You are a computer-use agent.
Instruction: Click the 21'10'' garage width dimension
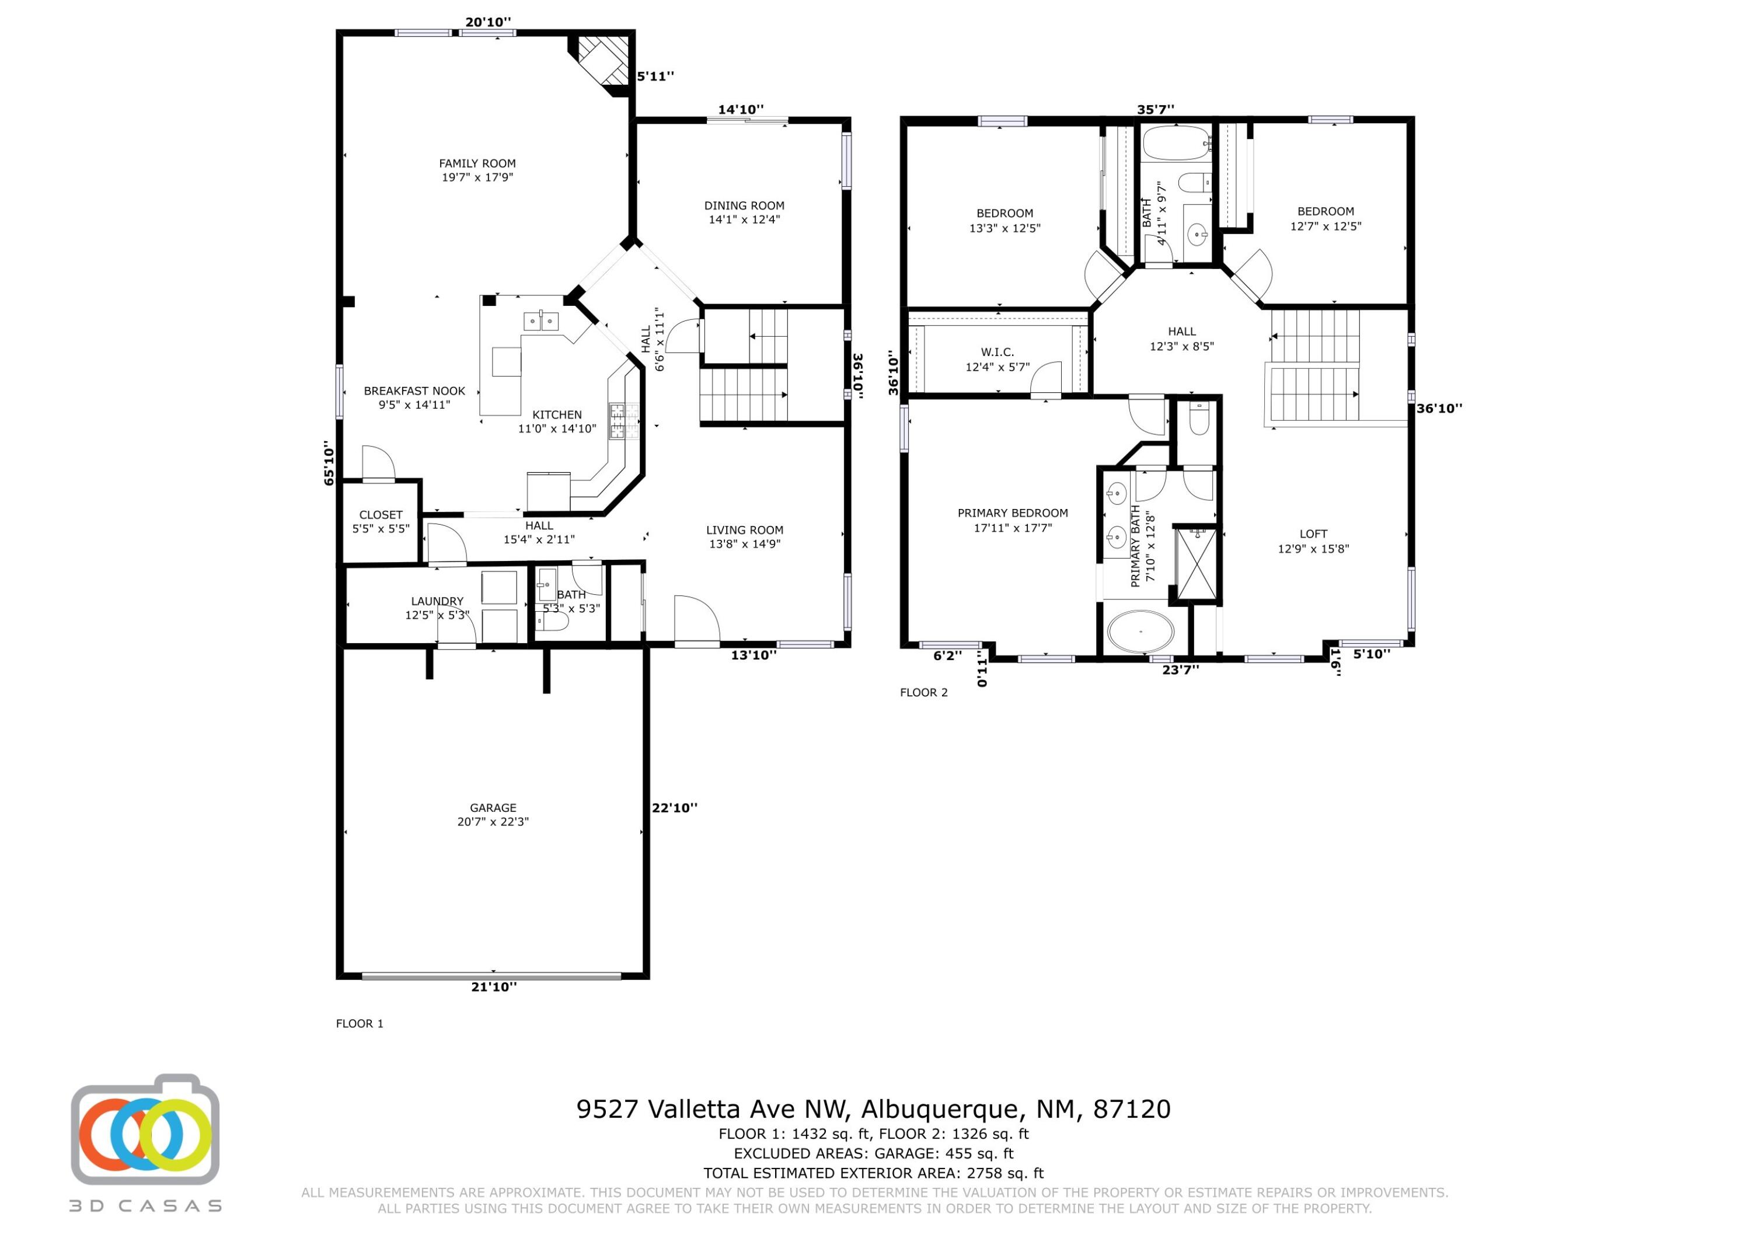493,986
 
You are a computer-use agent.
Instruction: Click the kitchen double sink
540,321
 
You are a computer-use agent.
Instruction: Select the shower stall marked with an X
1196,564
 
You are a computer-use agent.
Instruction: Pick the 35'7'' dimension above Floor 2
1156,110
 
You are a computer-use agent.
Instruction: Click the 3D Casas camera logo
145,1131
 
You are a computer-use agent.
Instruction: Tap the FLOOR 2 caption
923,693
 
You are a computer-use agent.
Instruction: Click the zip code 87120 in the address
1132,1109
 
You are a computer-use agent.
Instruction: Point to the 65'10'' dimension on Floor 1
329,463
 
